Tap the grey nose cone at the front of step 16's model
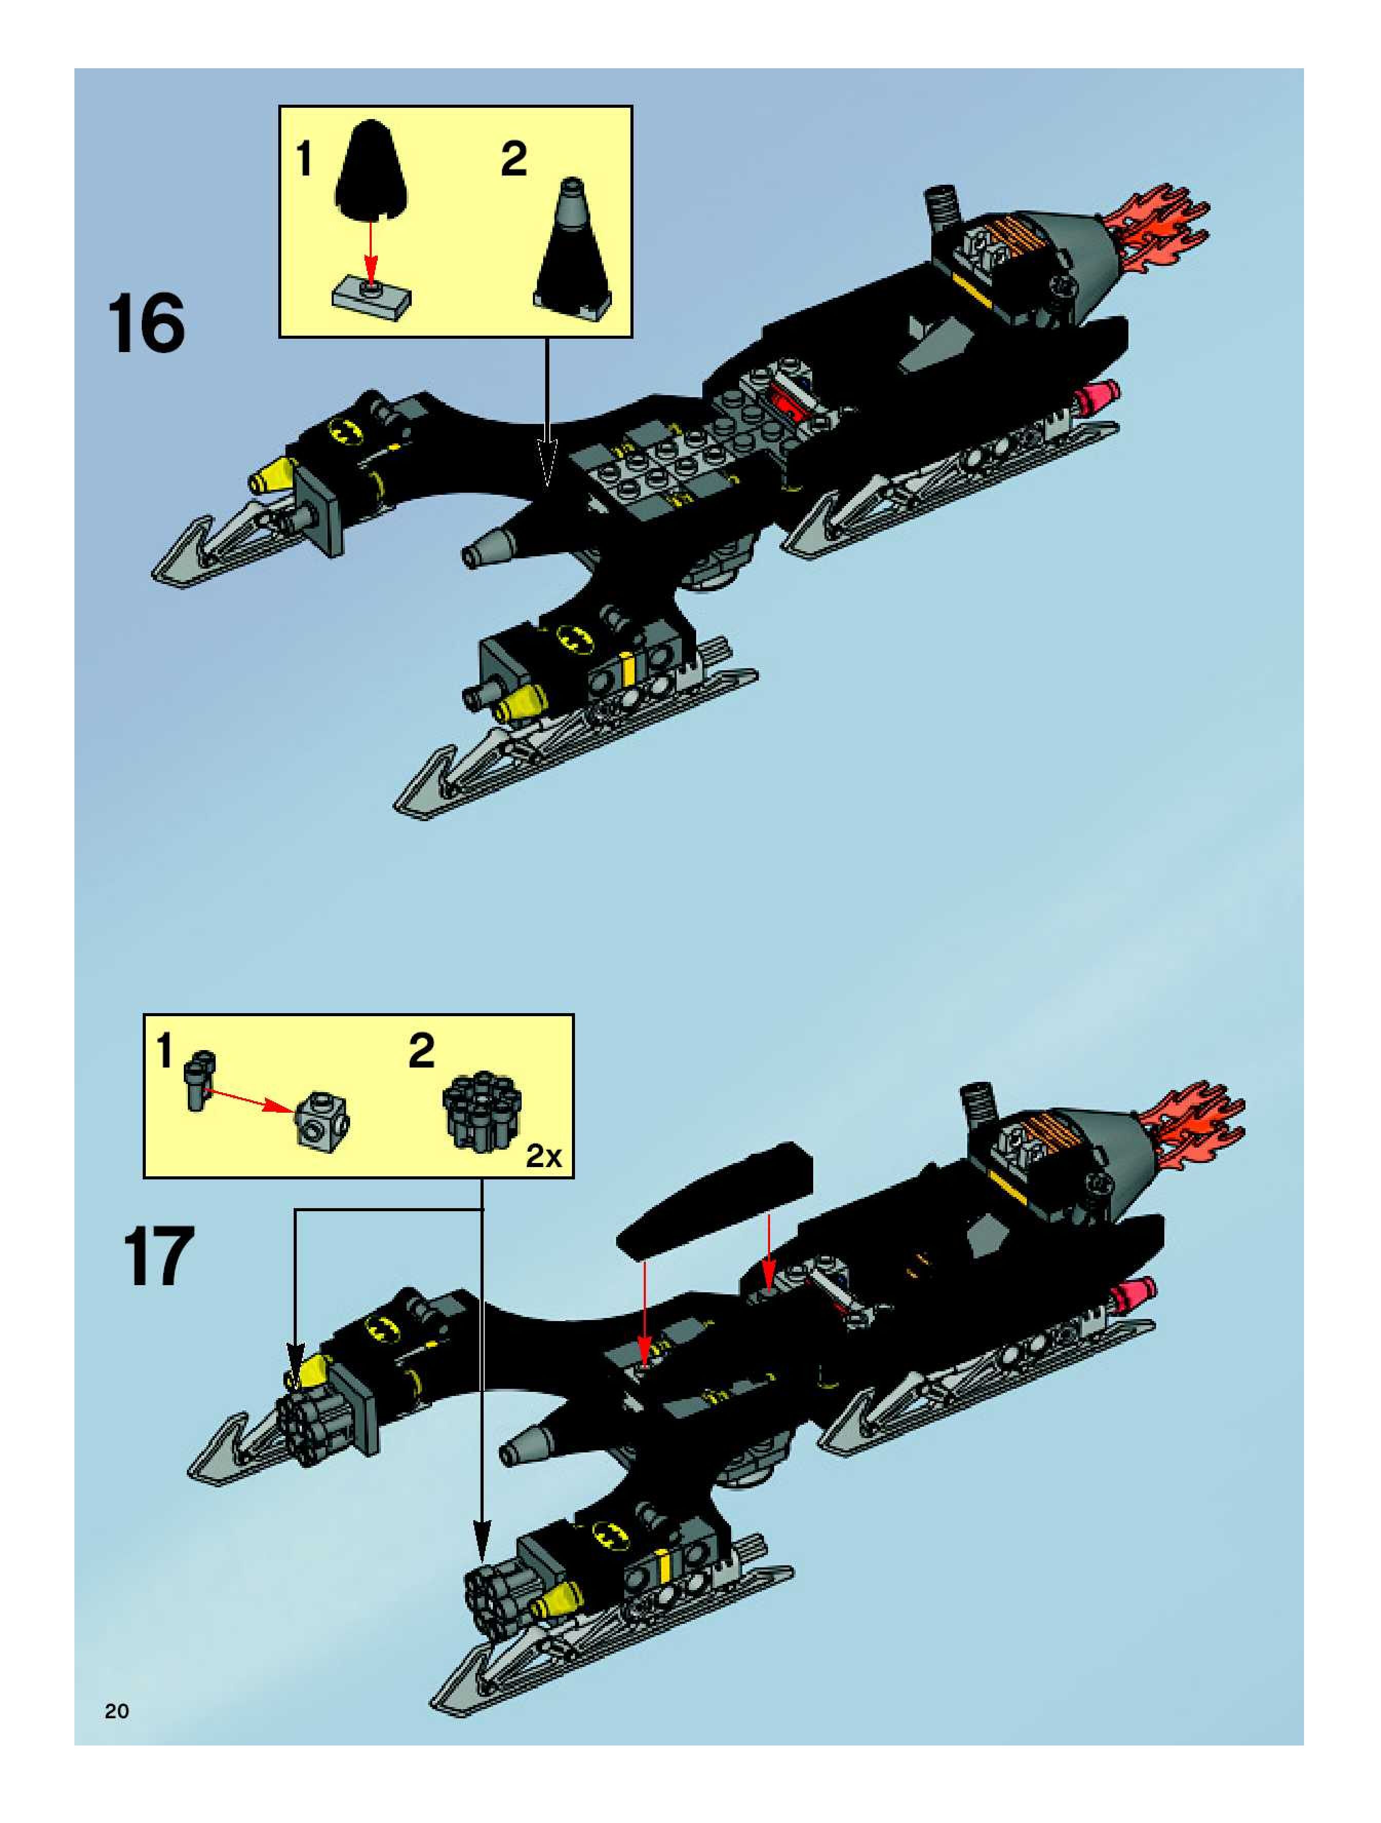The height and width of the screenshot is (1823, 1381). pyautogui.click(x=490, y=546)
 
